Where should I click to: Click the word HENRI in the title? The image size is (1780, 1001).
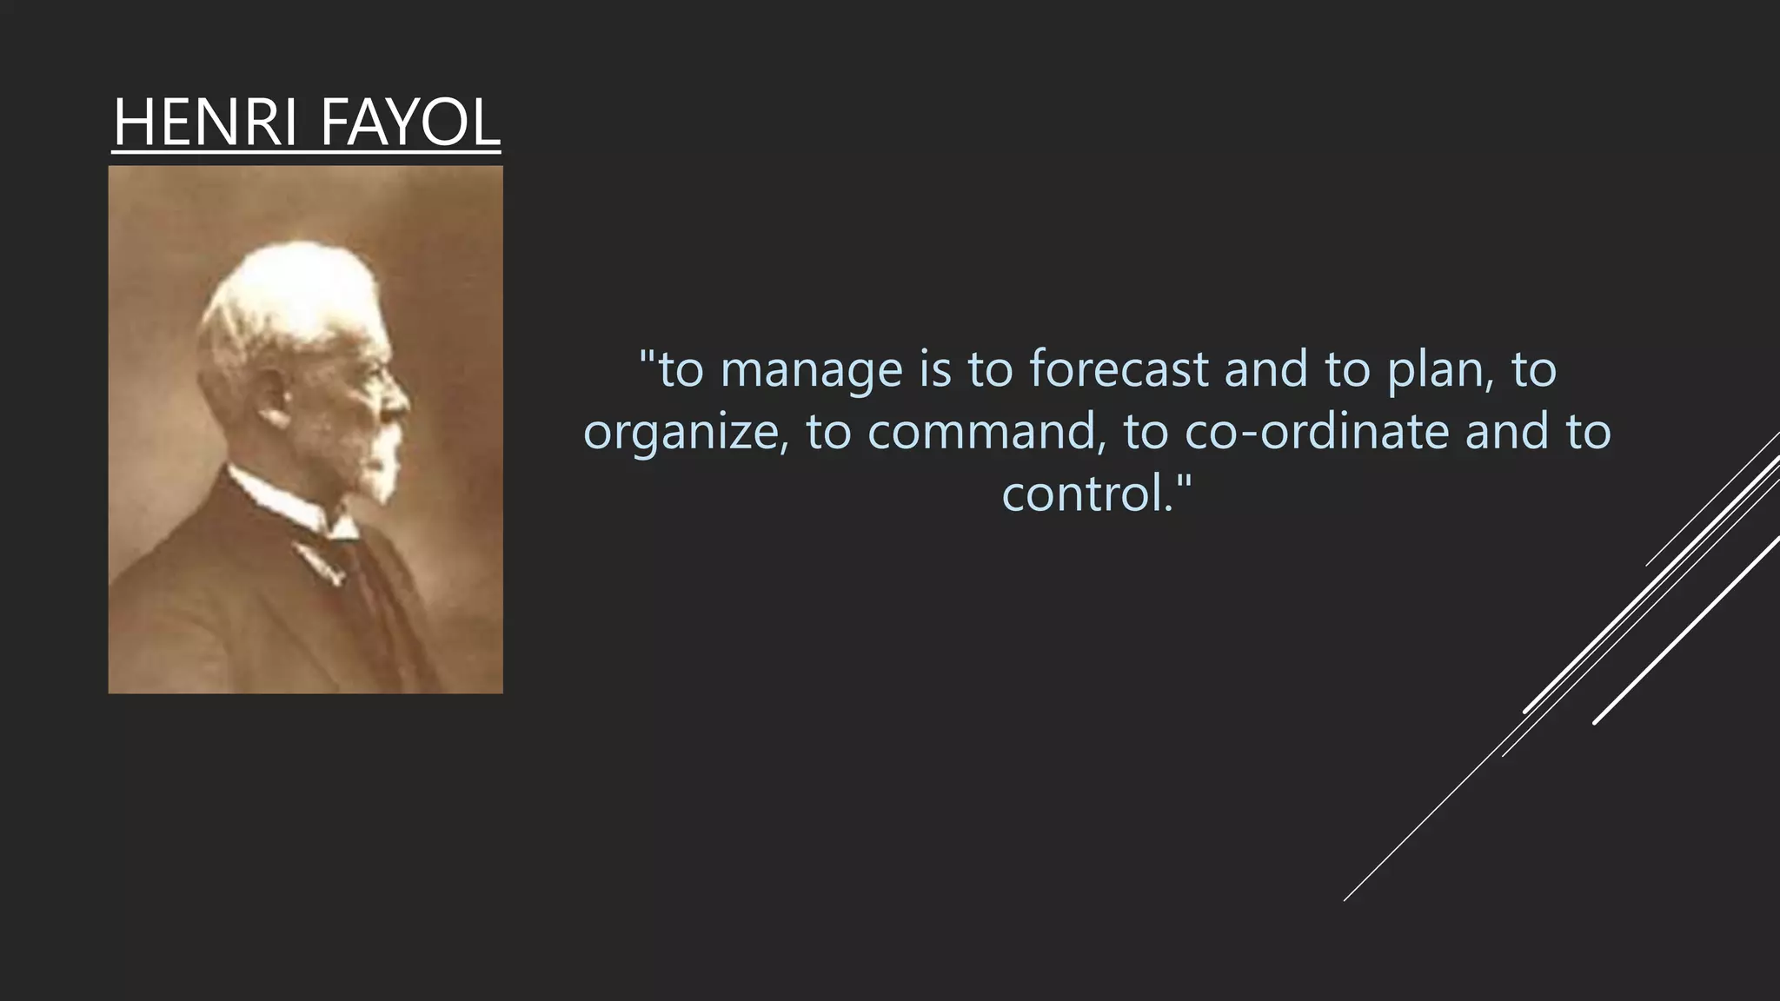point(206,123)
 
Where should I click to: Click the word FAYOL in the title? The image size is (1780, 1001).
point(409,123)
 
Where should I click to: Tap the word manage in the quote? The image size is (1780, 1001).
point(812,370)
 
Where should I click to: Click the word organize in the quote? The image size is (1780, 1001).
point(685,433)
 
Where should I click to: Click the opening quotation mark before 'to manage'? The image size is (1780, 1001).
point(648,355)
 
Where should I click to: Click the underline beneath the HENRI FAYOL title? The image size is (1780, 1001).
point(306,153)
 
